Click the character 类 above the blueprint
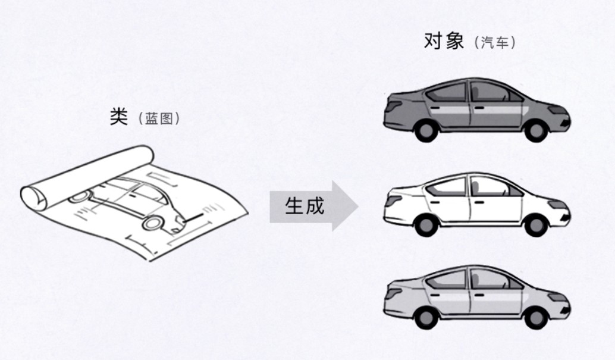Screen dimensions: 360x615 point(119,117)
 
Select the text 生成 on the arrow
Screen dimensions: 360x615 point(305,206)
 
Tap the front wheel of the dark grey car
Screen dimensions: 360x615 point(535,130)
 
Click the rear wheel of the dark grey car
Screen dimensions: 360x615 point(426,130)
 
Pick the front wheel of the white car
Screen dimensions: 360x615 point(535,224)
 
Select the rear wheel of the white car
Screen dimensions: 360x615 point(426,224)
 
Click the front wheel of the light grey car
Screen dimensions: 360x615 point(535,317)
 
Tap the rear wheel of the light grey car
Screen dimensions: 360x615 point(426,317)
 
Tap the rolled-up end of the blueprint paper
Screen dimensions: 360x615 point(34,196)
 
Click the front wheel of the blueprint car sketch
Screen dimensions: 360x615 point(153,223)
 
